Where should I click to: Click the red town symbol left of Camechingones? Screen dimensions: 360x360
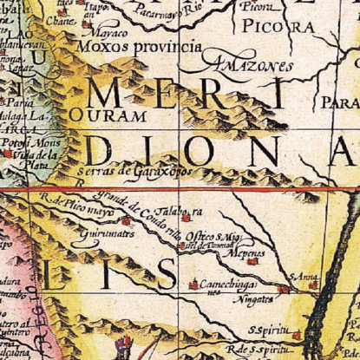193,285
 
